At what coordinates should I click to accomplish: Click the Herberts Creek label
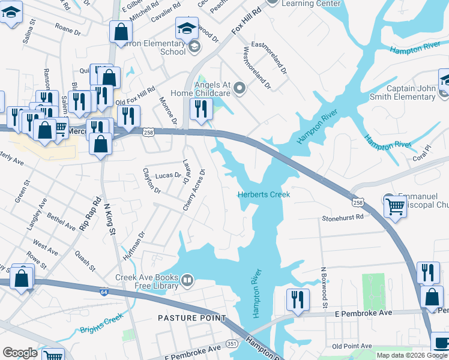point(264,194)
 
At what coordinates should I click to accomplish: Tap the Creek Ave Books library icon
point(187,280)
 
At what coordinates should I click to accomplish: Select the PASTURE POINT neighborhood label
point(192,317)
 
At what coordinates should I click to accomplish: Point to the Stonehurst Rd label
point(343,218)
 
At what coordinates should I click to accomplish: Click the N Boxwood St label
point(323,288)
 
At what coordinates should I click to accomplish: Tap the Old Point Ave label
point(352,346)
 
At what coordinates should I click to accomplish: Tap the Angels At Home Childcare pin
point(240,89)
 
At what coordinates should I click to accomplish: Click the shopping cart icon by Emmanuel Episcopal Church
point(394,206)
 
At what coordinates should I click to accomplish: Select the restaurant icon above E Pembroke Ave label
point(297,299)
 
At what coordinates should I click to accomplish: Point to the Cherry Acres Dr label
point(194,190)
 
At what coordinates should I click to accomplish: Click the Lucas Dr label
point(168,176)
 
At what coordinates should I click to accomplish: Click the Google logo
point(20,353)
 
